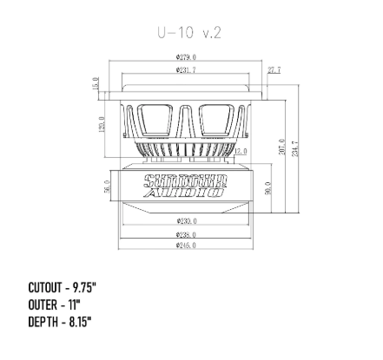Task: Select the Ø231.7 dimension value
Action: tap(186, 69)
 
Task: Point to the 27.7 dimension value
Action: tap(274, 69)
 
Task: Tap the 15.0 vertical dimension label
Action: tap(96, 83)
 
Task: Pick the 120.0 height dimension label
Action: tap(103, 126)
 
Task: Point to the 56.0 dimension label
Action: tap(107, 187)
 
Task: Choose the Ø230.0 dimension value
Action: tap(186, 221)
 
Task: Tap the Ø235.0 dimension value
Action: tap(186, 234)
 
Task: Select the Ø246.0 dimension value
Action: tap(186, 245)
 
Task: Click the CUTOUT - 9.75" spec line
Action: tap(63, 286)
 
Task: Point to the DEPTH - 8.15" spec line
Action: tap(60, 321)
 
